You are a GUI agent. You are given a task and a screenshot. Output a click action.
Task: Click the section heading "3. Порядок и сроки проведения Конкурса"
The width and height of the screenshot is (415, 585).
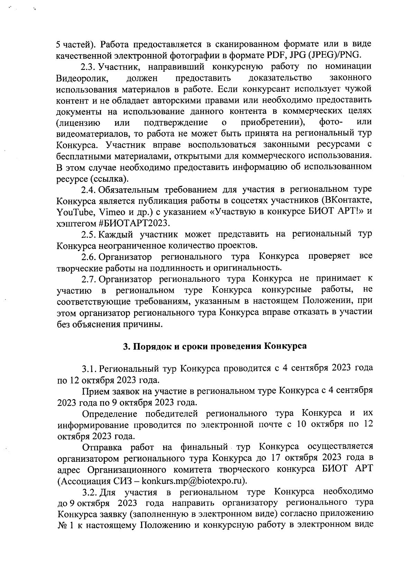coord(215,346)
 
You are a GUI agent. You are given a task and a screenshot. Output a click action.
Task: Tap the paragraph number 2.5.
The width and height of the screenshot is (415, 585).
coord(89,234)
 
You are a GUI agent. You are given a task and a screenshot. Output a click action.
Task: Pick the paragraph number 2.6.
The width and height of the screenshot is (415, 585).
coord(89,256)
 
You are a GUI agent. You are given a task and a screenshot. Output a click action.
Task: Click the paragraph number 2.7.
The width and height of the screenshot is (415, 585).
coord(89,279)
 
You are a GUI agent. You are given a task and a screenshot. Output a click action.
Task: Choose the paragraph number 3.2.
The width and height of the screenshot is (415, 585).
coord(89,492)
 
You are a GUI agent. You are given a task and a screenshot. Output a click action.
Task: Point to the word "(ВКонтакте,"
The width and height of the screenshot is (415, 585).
coord(345,200)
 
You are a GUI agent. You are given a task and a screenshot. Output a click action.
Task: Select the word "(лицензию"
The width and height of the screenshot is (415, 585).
coord(79,123)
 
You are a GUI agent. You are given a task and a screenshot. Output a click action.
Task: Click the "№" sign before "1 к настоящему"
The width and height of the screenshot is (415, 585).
coord(62,525)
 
